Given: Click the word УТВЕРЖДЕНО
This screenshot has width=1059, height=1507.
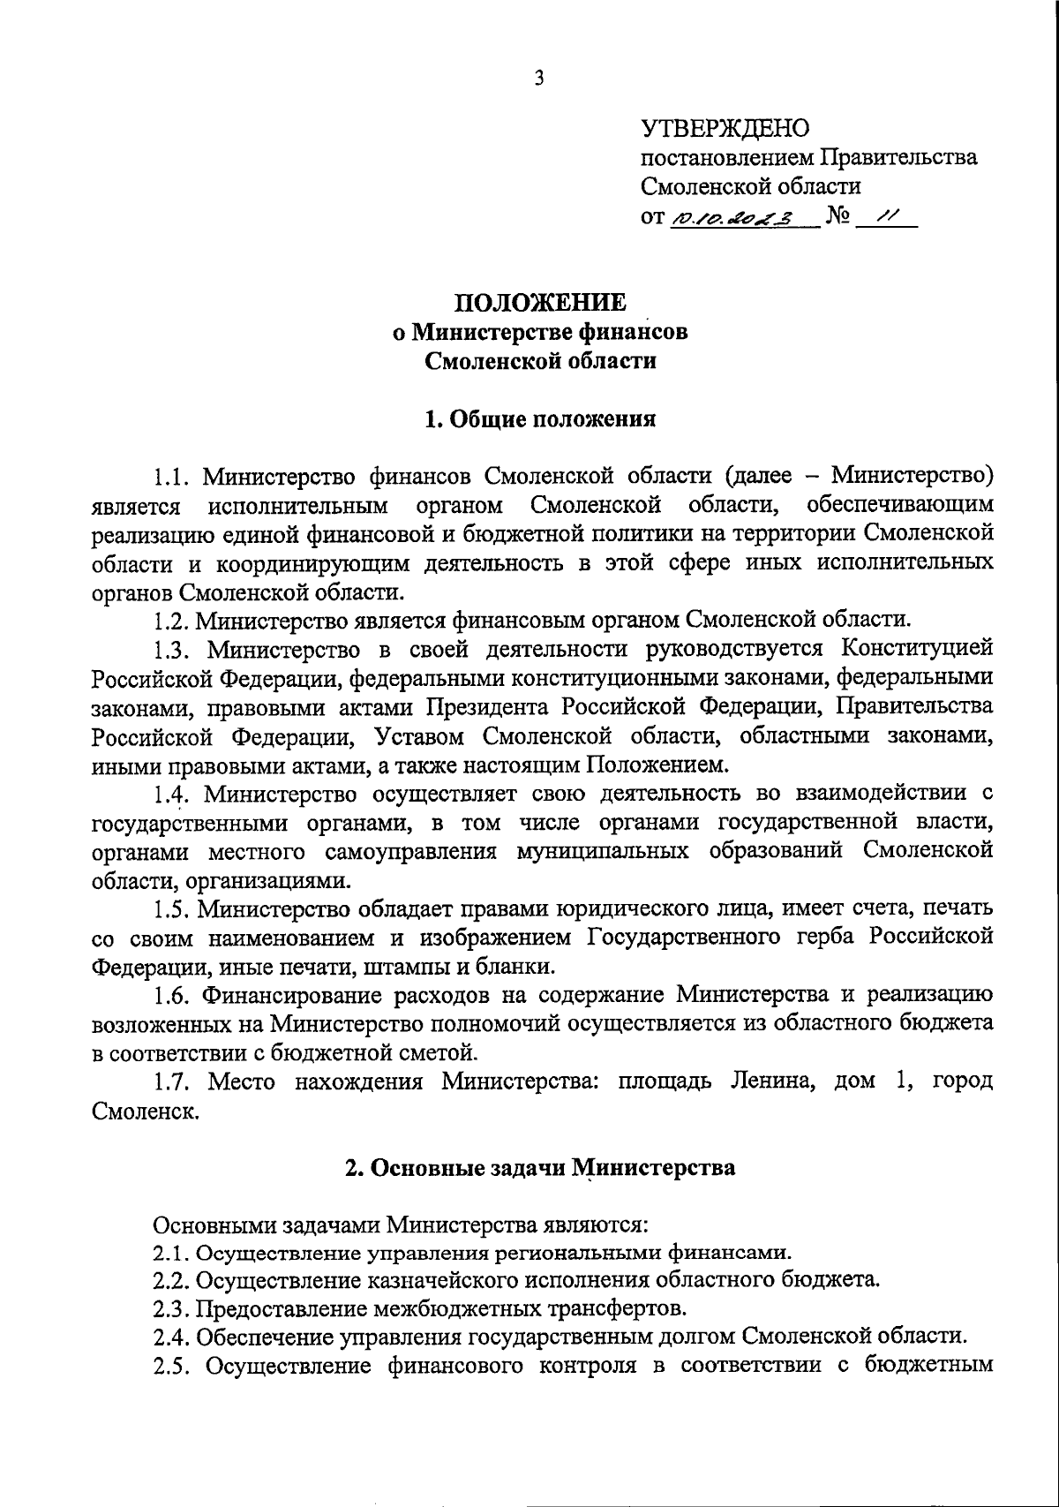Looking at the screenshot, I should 724,130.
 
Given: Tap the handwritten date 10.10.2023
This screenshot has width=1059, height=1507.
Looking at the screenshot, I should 732,217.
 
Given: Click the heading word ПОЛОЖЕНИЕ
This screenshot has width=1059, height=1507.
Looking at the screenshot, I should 540,303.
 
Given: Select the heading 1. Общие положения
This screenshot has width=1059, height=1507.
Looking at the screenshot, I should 540,418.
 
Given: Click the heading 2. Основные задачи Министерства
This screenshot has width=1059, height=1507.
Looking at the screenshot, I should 540,1167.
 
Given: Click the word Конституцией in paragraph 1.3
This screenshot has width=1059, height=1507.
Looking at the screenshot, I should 917,649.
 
